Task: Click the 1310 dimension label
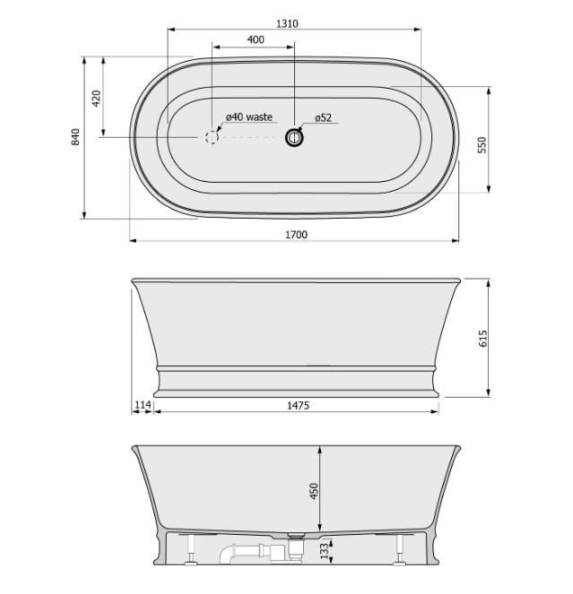coord(287,23)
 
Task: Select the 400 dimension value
coord(256,39)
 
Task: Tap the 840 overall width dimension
coord(76,137)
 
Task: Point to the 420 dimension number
coord(96,99)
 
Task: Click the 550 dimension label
coord(482,145)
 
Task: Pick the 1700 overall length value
coord(296,235)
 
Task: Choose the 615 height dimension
coord(482,338)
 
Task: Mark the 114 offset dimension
coord(143,405)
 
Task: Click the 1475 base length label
coord(298,405)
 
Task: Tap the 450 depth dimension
coord(315,491)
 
